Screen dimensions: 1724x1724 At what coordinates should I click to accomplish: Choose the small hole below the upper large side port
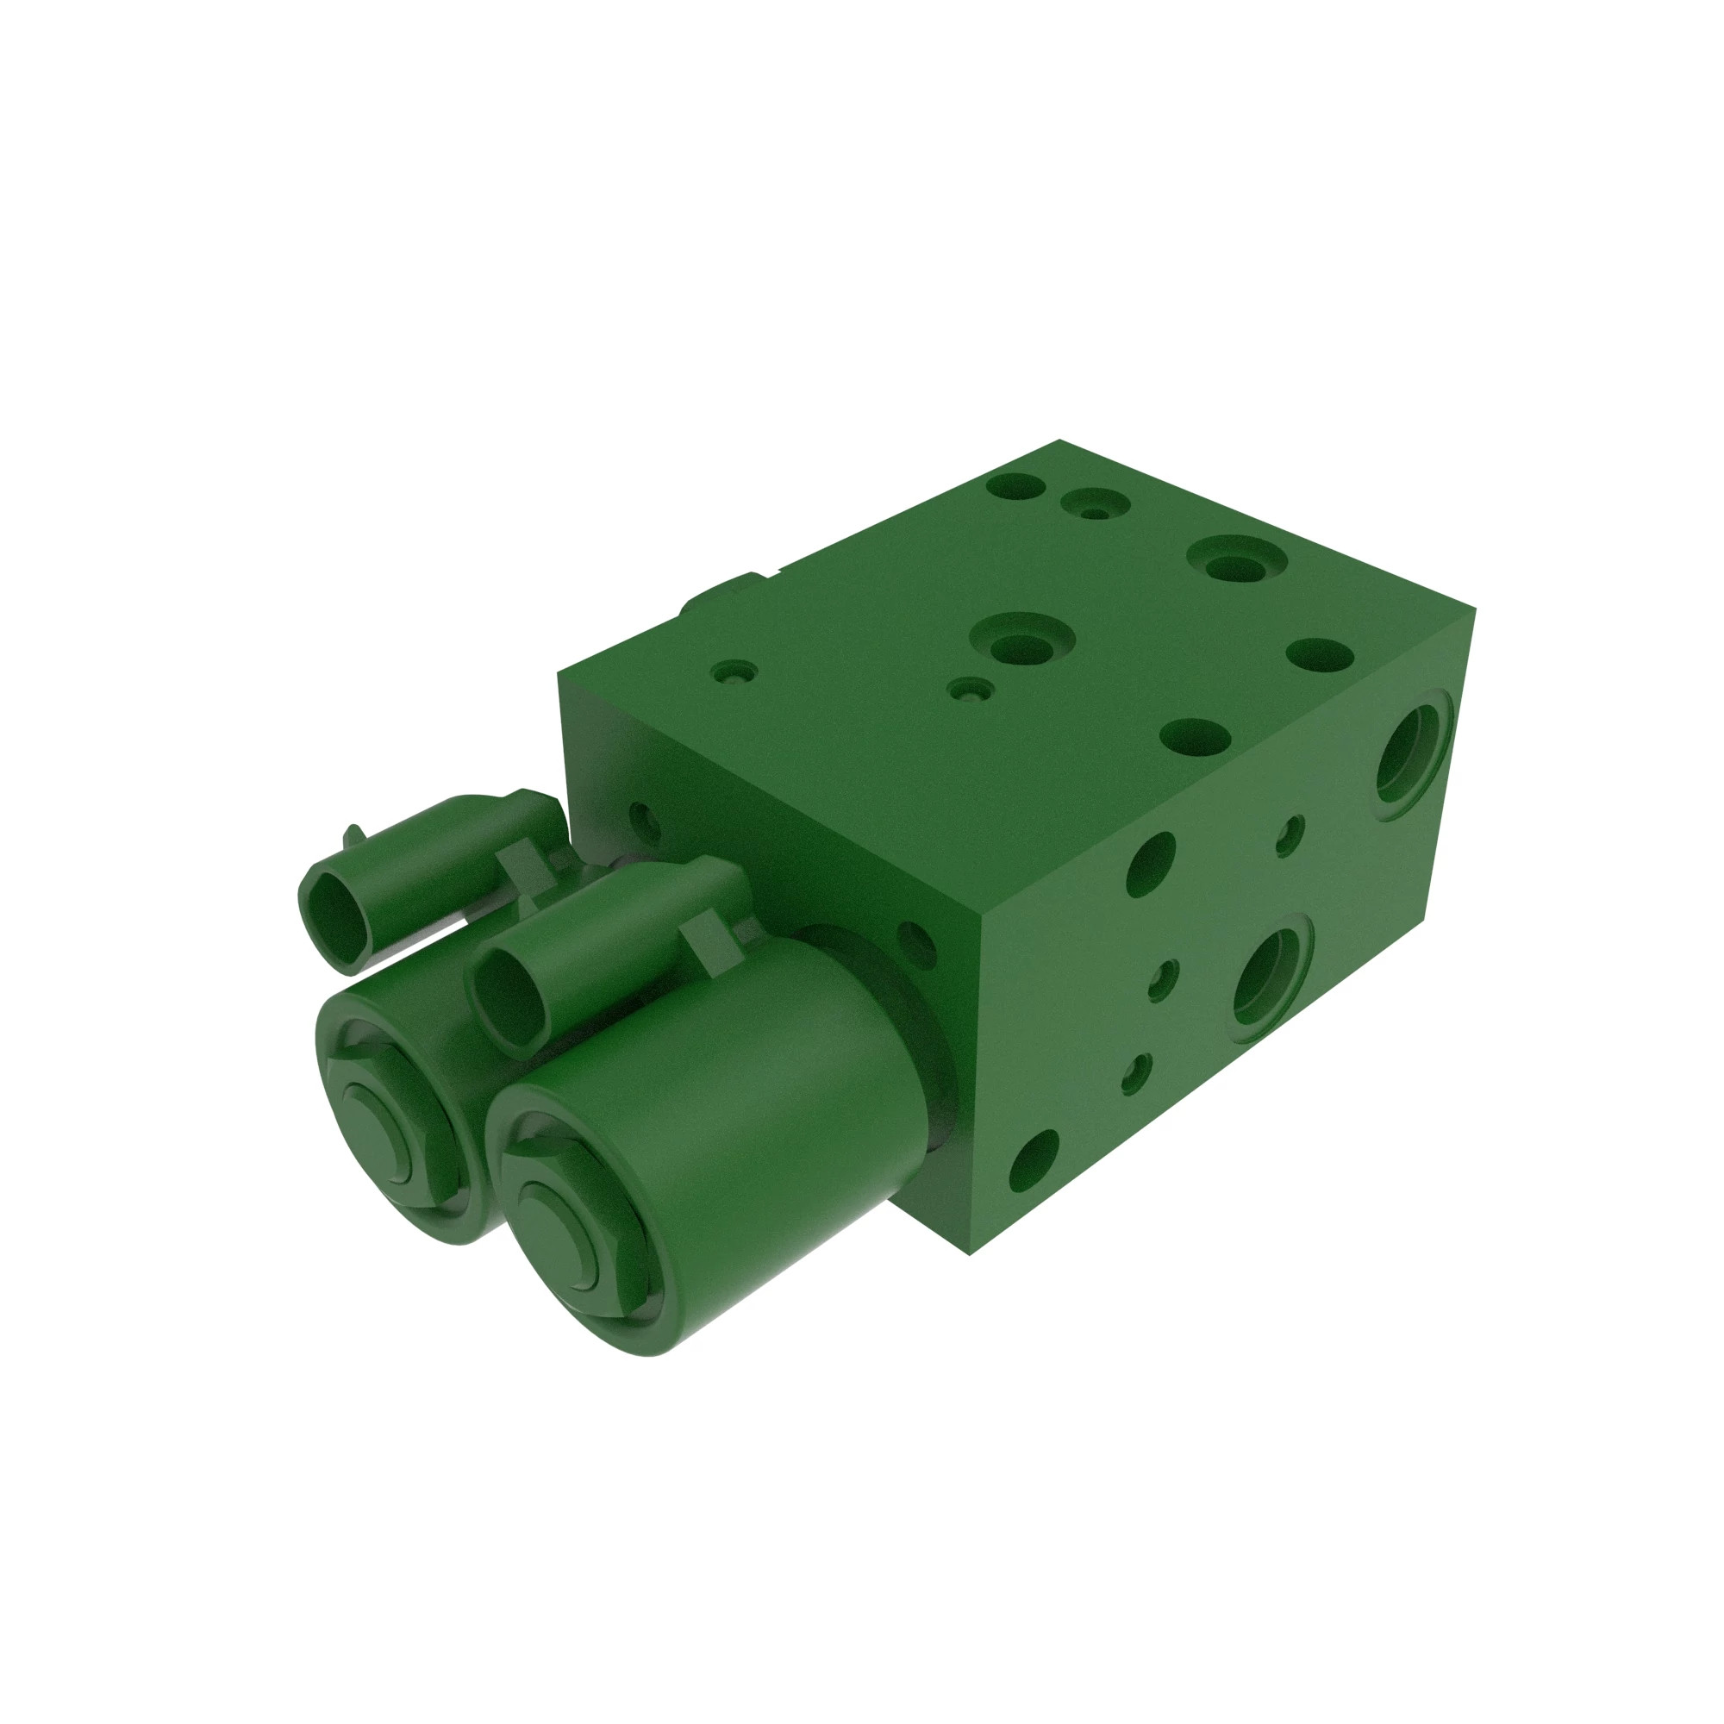[1290, 835]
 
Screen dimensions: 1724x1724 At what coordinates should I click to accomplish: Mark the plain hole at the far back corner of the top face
[1016, 487]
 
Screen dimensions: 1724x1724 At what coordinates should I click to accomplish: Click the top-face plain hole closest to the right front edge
[1196, 737]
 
